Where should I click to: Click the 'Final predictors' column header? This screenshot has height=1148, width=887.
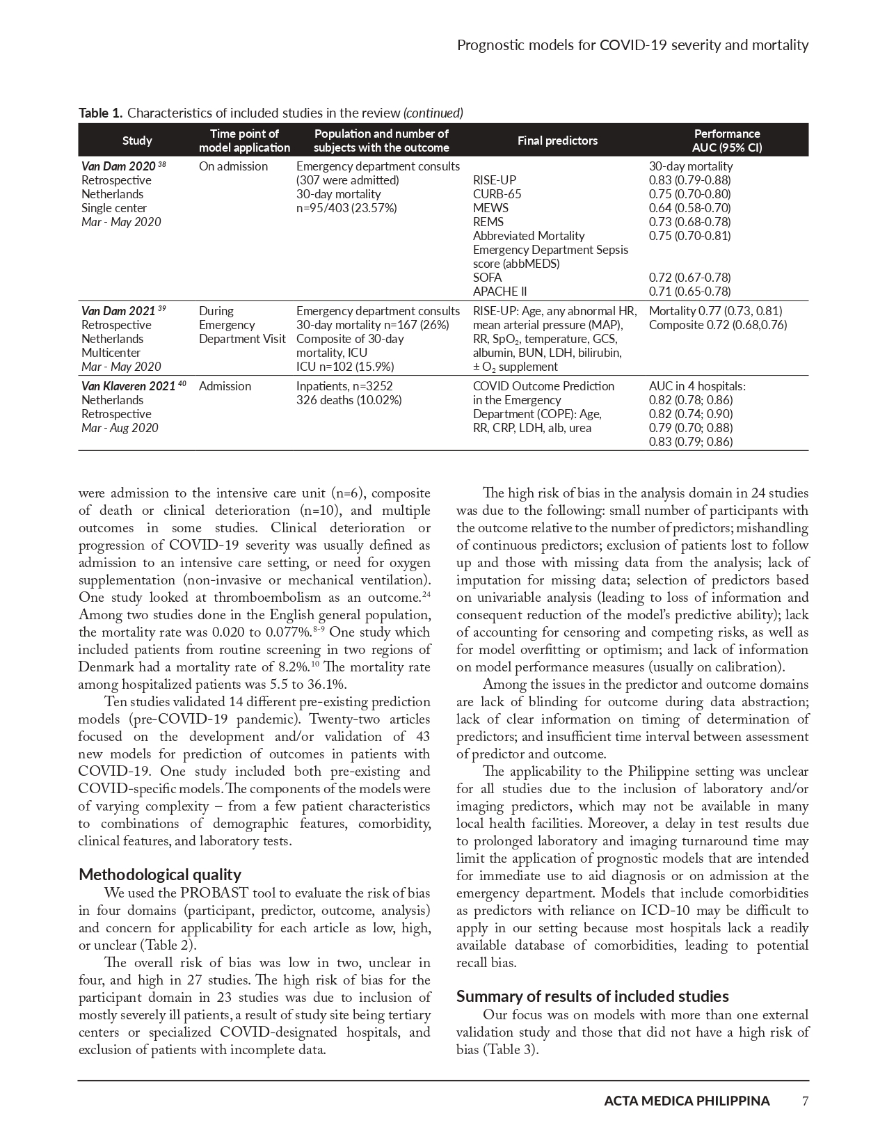(557, 141)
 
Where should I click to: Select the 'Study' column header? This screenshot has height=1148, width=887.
(137, 141)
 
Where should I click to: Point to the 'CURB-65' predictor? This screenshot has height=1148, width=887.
(497, 194)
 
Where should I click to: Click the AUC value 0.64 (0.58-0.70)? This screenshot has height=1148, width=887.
(689, 208)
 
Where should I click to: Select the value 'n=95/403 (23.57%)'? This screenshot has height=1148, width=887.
(346, 208)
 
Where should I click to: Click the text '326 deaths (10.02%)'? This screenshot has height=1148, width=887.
(349, 400)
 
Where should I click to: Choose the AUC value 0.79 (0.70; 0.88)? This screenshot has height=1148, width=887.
(690, 428)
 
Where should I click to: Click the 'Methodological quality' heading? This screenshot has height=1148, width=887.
(160, 875)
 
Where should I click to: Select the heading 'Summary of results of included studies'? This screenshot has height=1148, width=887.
(592, 996)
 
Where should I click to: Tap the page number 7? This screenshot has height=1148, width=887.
(805, 1101)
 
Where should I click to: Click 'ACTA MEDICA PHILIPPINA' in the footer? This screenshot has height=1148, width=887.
(687, 1101)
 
